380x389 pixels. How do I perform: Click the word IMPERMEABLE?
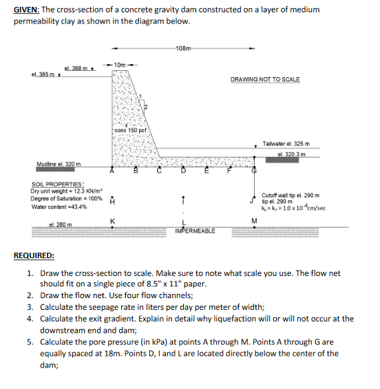[x=196, y=231]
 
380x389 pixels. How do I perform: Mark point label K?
[x=112, y=220]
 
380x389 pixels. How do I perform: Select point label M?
[x=253, y=220]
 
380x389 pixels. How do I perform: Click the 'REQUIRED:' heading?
[x=34, y=255]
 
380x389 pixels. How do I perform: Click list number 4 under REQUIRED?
[x=30, y=319]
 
